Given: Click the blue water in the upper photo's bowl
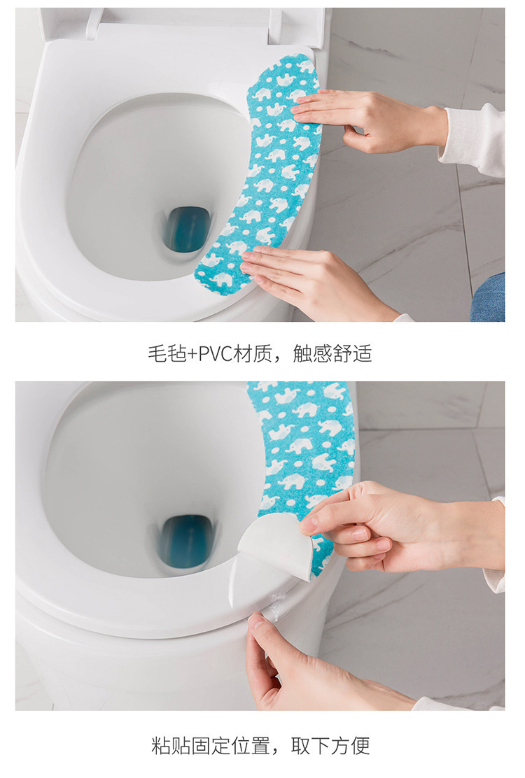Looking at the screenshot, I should coord(188,229).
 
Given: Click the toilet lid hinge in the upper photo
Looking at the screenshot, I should coord(94,22).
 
